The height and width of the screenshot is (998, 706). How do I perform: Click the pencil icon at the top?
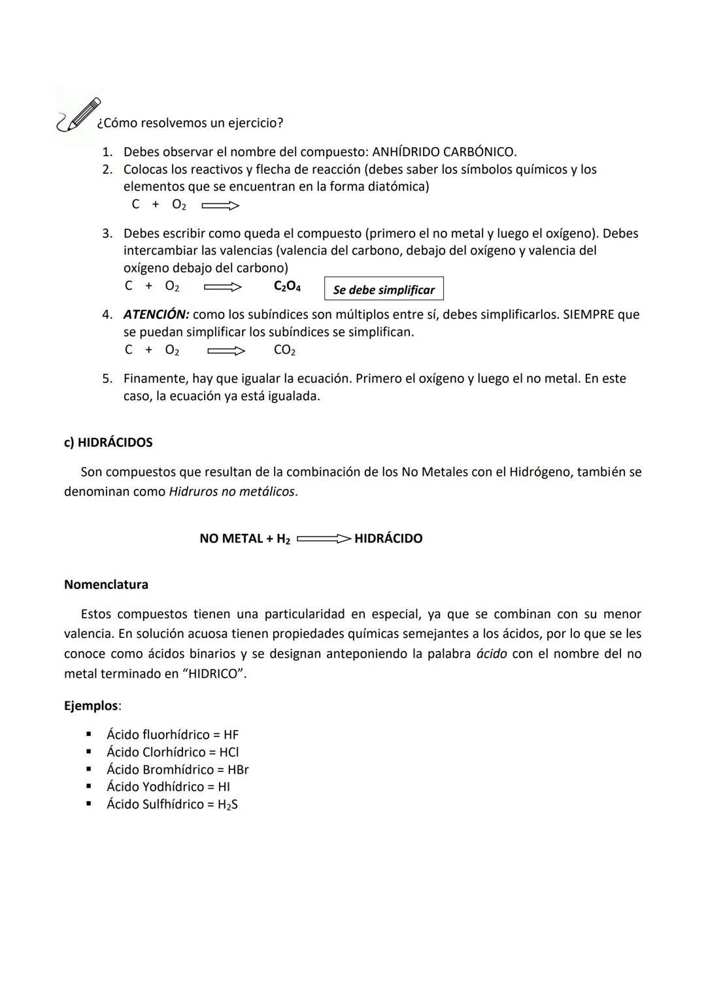point(79,114)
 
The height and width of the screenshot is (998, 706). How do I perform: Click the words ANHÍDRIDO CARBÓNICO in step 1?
point(443,152)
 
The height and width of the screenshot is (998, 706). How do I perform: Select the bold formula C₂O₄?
point(287,286)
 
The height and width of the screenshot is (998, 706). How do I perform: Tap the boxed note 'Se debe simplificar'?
point(384,290)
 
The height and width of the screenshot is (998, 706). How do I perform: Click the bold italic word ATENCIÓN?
point(156,314)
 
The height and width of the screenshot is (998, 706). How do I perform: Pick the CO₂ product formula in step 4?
point(284,350)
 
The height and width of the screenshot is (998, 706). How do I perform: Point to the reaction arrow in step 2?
point(220,206)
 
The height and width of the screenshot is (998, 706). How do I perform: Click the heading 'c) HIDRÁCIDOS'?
point(108,442)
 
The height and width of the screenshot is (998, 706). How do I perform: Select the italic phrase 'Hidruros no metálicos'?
point(232,491)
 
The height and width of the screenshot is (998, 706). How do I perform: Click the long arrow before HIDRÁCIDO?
point(324,539)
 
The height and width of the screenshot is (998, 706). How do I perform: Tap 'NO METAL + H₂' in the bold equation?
point(244,539)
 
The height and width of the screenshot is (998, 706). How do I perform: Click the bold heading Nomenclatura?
point(106,584)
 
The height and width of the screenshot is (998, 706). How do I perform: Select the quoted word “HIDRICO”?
point(213,674)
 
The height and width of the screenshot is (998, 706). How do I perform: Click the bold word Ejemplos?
point(92,706)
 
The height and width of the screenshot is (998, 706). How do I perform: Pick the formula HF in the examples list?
point(231,735)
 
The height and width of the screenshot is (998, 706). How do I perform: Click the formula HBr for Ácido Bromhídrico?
point(237,770)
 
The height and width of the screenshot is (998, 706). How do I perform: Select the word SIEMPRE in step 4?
point(588,314)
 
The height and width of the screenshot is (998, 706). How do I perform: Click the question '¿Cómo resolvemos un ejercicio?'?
point(190,123)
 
